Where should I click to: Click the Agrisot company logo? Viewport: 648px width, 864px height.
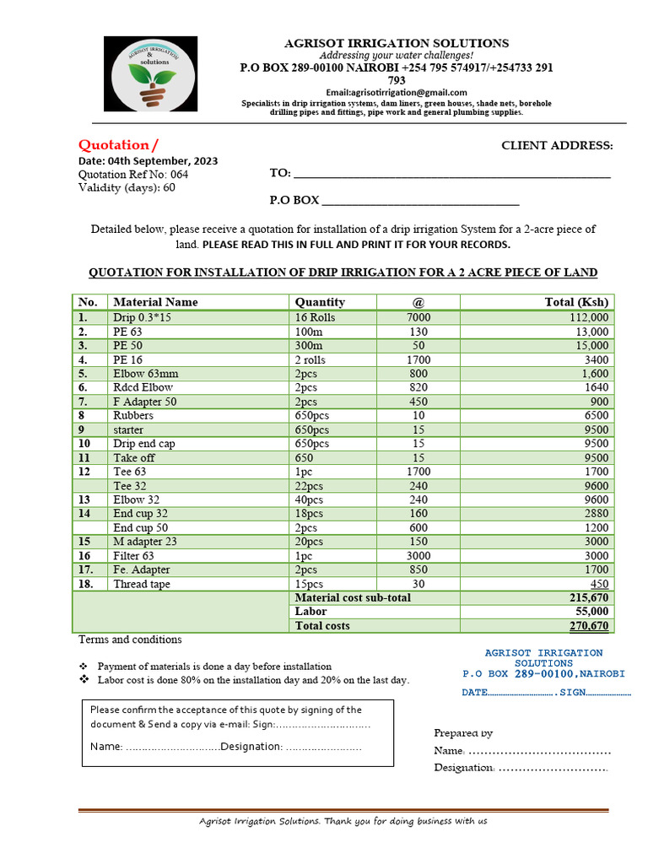click(150, 73)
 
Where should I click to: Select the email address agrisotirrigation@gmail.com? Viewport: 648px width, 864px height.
click(396, 92)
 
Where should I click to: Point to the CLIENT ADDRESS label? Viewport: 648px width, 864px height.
click(557, 145)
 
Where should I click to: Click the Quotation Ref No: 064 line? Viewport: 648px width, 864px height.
click(133, 174)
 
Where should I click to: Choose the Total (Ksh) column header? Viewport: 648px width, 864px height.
click(576, 302)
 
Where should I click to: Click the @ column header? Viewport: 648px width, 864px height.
click(418, 302)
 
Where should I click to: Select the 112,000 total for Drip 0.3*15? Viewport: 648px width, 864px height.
click(588, 317)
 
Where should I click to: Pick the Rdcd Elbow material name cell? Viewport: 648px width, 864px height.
click(143, 387)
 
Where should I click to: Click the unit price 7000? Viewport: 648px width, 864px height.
click(418, 317)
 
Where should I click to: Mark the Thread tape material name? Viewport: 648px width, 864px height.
click(142, 584)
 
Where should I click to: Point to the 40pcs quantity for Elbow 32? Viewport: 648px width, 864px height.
click(309, 499)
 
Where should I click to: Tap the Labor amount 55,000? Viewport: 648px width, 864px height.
click(591, 612)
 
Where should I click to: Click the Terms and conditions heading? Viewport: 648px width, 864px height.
click(130, 640)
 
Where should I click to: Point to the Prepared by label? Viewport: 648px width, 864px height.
click(463, 732)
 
